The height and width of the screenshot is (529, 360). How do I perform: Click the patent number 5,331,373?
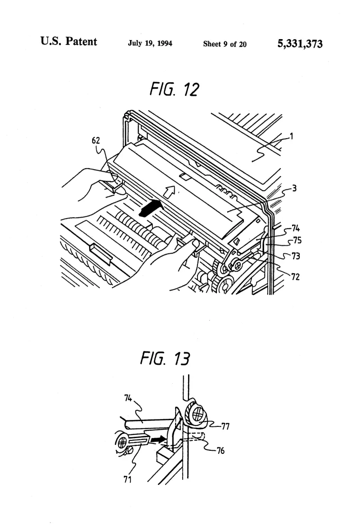(300, 44)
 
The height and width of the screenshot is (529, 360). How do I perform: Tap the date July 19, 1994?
(150, 43)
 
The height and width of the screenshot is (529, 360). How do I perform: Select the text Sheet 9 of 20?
(225, 44)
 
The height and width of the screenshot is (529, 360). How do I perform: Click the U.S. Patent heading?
(68, 41)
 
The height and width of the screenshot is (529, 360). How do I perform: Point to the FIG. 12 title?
(175, 89)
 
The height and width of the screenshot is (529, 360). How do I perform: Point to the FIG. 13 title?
(165, 358)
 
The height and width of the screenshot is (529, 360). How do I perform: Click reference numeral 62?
(96, 140)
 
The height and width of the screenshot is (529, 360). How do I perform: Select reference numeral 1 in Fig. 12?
(292, 136)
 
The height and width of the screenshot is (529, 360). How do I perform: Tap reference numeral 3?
(294, 188)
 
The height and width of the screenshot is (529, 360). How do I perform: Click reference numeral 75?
(297, 241)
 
